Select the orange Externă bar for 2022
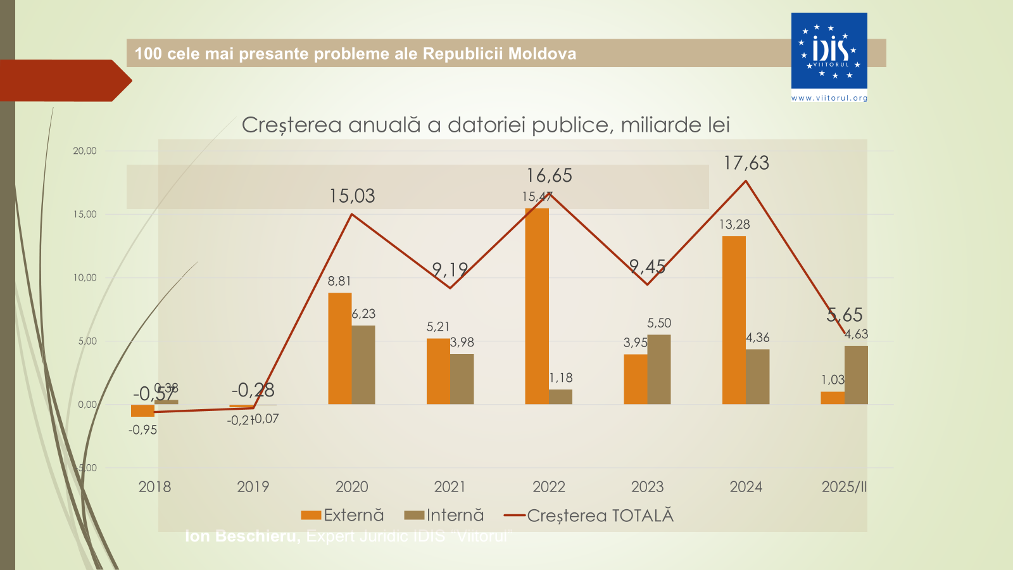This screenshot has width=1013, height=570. pyautogui.click(x=537, y=306)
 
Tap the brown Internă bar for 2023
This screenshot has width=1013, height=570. pyautogui.click(x=659, y=369)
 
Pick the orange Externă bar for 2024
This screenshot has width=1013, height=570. pyautogui.click(x=734, y=320)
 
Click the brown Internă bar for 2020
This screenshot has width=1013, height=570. pyautogui.click(x=363, y=365)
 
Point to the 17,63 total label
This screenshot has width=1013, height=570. pyautogui.click(x=746, y=163)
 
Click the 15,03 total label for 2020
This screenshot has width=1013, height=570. pyautogui.click(x=352, y=196)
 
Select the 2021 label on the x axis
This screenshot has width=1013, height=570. pyautogui.click(x=450, y=487)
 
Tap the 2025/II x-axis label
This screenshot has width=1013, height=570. pyautogui.click(x=844, y=487)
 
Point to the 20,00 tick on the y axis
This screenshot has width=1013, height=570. pyautogui.click(x=85, y=151)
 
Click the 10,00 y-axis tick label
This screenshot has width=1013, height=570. pyautogui.click(x=85, y=277)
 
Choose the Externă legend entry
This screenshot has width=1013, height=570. pyautogui.click(x=343, y=516)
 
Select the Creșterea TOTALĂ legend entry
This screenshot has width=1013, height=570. pyautogui.click(x=589, y=516)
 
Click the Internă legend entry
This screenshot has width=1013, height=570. pyautogui.click(x=444, y=516)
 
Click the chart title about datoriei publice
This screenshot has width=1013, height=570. pyautogui.click(x=486, y=125)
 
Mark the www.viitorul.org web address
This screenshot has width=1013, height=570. pyautogui.click(x=829, y=98)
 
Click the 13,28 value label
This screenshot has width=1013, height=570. pyautogui.click(x=734, y=224)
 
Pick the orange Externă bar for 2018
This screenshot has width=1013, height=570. pyautogui.click(x=142, y=410)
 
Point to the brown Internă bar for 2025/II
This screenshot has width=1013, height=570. pyautogui.click(x=856, y=375)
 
